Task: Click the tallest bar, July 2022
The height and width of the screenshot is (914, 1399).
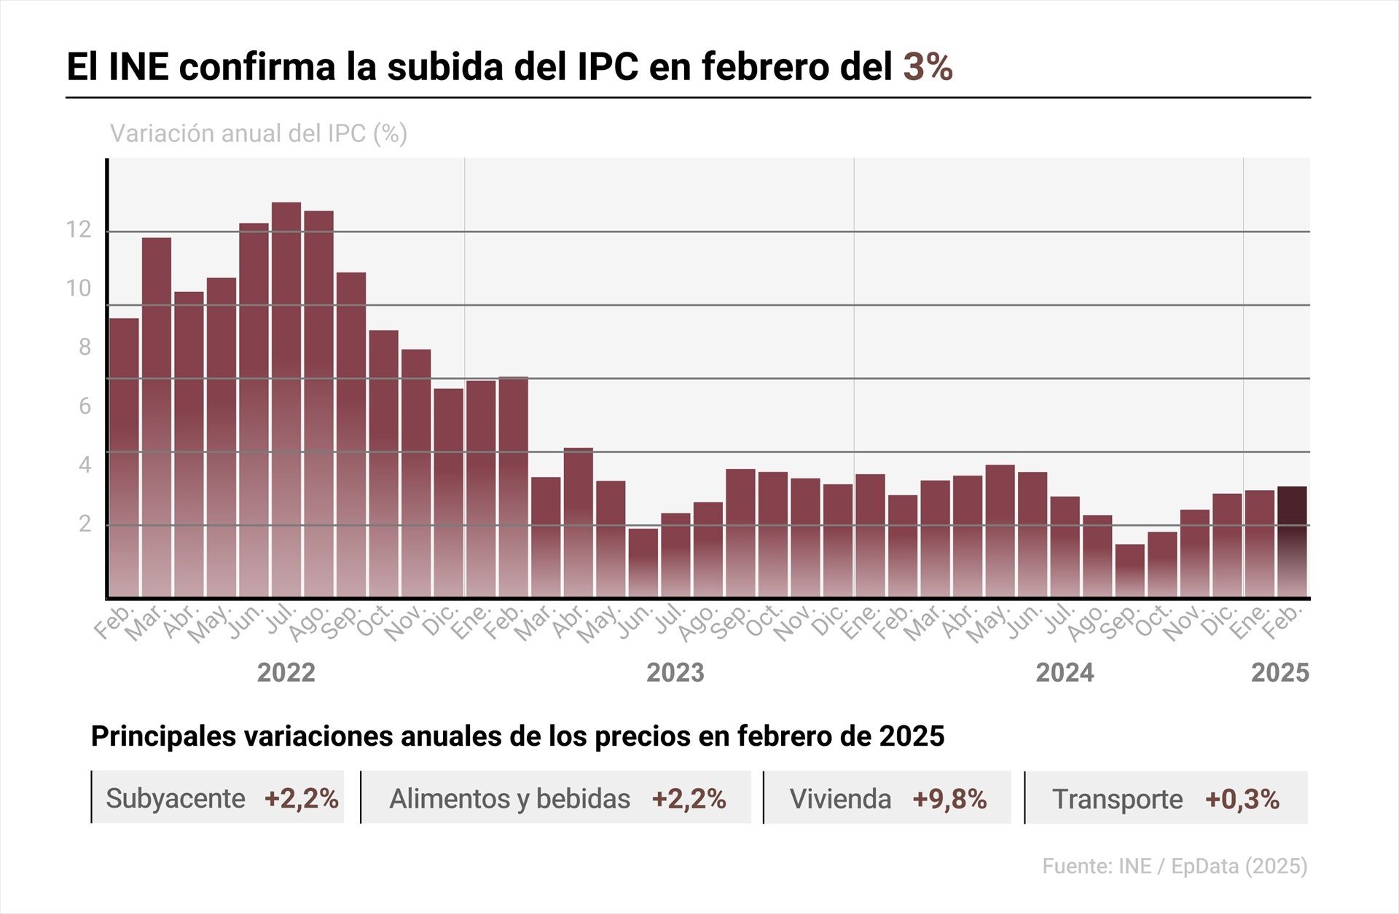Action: pos(286,401)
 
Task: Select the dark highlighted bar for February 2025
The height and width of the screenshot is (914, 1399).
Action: pos(1292,542)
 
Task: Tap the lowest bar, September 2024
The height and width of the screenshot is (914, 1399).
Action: pos(1129,571)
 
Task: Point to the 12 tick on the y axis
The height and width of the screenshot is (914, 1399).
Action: pos(79,230)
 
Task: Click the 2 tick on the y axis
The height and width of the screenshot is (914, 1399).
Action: pos(85,524)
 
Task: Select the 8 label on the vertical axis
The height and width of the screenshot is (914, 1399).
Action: pos(85,347)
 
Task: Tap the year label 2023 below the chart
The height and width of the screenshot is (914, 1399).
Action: pos(675,672)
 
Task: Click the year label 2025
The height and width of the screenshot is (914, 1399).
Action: pos(1280,672)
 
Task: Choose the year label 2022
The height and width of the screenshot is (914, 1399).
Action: pos(286,672)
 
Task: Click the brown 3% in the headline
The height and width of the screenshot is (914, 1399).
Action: pos(928,67)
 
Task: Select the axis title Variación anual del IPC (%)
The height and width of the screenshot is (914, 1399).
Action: pos(258,134)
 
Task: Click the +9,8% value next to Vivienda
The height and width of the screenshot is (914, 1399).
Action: pos(949,799)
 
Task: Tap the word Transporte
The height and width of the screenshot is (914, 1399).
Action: pos(1117,799)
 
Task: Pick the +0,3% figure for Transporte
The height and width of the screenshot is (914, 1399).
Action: pos(1242,799)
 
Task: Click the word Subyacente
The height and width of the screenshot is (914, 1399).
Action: pos(176,799)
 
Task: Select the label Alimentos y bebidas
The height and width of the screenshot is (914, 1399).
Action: pos(509,799)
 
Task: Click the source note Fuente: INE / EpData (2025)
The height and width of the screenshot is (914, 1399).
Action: pos(1175,866)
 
